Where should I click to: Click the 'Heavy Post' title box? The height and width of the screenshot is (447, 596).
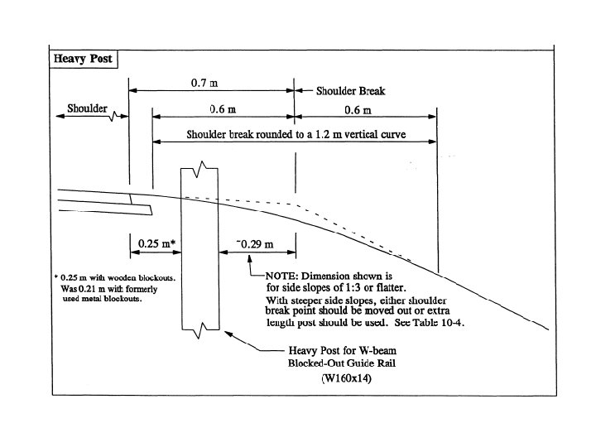tap(84, 60)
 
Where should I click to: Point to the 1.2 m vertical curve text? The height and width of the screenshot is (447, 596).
tap(299, 134)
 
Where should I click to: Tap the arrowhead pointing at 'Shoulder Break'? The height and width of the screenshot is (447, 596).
tap(300, 92)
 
